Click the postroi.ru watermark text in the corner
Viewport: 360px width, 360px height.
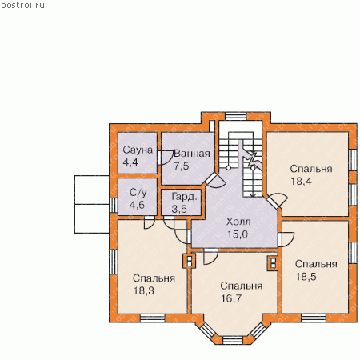point(22,5)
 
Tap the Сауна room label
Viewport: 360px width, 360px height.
point(138,150)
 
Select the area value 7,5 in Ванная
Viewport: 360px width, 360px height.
point(182,166)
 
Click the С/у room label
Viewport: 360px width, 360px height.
point(138,193)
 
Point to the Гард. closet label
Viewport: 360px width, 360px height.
point(184,197)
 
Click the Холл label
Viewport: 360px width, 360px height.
point(238,222)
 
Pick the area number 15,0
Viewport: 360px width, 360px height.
point(238,234)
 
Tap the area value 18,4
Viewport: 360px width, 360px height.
point(301,182)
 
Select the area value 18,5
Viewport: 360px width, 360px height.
point(306,277)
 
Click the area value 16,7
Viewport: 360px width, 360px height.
point(231,298)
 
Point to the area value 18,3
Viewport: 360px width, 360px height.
point(144,290)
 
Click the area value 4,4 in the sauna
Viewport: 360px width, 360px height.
point(130,162)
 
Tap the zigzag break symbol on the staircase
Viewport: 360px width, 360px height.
point(253,159)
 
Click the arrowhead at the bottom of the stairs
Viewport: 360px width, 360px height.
point(253,195)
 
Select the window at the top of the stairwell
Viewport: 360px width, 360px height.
point(236,116)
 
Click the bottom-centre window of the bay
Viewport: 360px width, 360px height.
point(233,340)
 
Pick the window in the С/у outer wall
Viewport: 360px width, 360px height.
point(114,205)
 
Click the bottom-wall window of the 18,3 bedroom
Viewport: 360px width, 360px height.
point(153,318)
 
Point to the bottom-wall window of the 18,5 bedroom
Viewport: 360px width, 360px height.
point(314,318)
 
